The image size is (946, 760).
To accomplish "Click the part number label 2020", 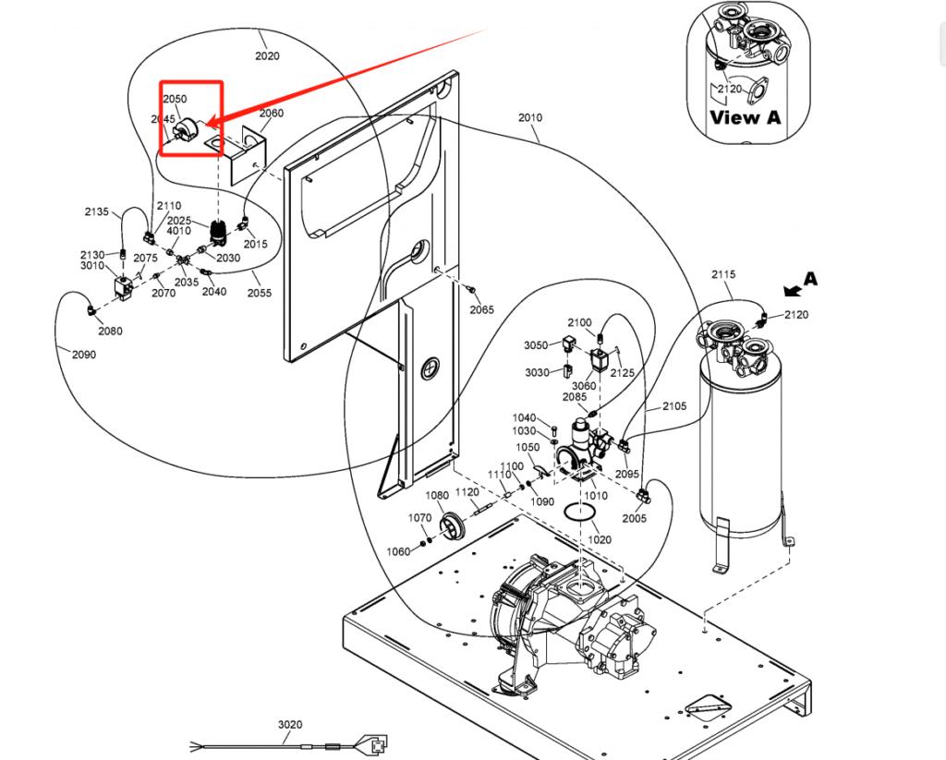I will (267, 55).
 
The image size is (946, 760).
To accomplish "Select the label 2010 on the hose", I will (530, 118).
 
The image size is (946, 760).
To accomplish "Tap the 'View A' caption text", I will (745, 117).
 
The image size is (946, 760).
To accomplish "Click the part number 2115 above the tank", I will (723, 275).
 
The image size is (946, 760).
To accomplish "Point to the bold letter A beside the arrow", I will (810, 278).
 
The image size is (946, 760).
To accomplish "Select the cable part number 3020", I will (290, 724).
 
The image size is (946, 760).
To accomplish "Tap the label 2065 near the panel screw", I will (482, 310).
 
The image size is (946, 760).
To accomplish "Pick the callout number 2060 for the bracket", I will (271, 114).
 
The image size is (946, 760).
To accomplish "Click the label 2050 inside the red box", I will (175, 99).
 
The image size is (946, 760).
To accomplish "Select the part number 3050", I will (537, 345).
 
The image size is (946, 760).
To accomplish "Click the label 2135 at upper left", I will (97, 211).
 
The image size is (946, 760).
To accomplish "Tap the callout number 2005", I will (635, 518).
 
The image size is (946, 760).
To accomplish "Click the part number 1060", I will (398, 551).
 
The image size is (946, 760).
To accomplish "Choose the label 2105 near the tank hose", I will (674, 406).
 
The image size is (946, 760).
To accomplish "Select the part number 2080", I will (110, 331).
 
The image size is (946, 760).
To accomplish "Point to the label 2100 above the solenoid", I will (579, 322).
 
